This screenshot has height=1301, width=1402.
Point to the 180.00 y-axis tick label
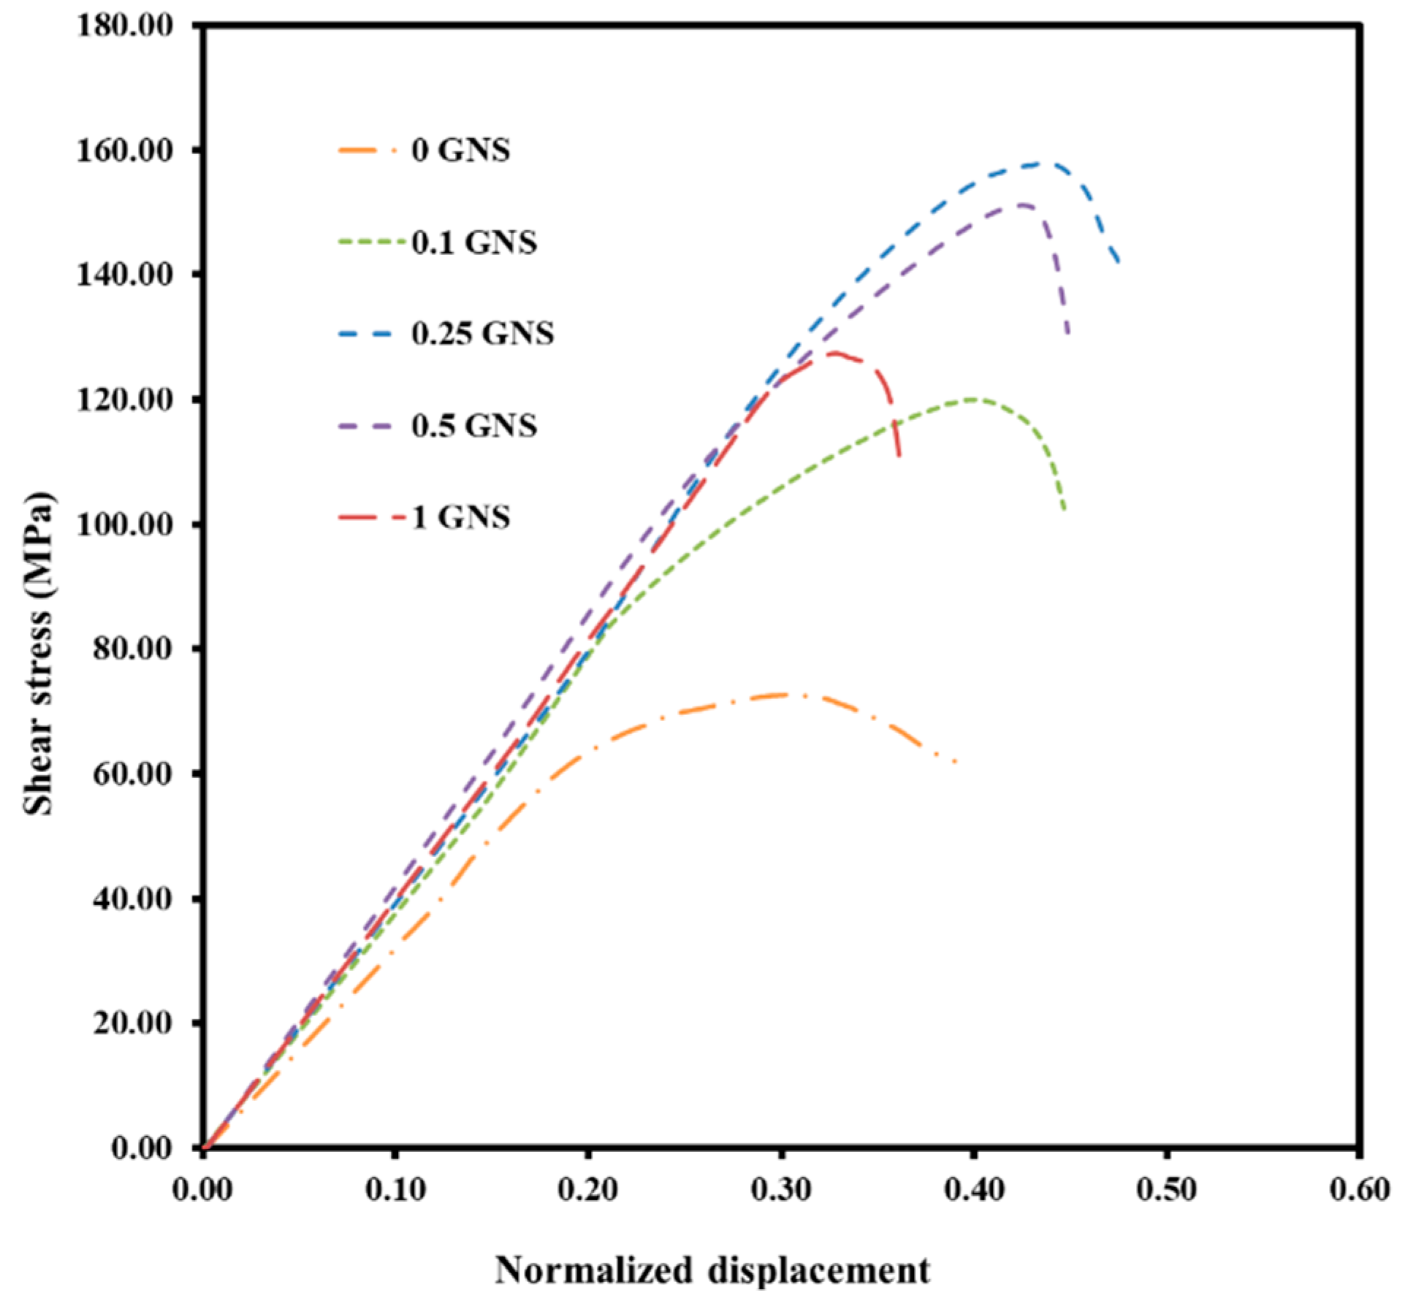[125, 26]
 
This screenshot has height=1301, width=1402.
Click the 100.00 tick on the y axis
[125, 524]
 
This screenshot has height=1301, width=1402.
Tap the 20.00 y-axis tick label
[132, 1023]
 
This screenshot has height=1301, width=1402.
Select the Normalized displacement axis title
[713, 1270]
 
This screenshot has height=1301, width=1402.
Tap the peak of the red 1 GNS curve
[833, 353]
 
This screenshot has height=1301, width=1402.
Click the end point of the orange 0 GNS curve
[956, 763]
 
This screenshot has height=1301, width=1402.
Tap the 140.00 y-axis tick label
[125, 275]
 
